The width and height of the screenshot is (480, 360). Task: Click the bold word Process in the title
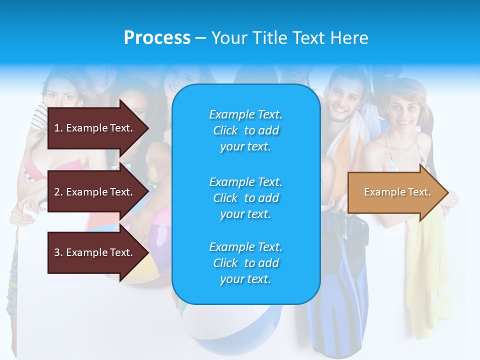point(157,38)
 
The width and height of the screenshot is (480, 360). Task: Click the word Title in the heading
point(270,38)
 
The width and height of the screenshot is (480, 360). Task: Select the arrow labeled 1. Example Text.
point(93,128)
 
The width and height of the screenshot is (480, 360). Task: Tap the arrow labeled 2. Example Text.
point(93,192)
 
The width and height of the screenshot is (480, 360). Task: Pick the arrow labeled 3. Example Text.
point(93,252)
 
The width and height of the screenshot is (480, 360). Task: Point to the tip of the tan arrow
point(446,192)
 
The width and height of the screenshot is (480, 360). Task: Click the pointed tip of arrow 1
point(147,128)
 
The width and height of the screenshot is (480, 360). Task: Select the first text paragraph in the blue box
point(245,130)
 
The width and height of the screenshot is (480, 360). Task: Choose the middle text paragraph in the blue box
point(245,197)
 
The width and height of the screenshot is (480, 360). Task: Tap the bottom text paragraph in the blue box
point(245,263)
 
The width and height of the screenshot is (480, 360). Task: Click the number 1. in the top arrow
point(58,128)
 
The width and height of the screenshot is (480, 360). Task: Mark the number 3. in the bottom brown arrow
point(58,252)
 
